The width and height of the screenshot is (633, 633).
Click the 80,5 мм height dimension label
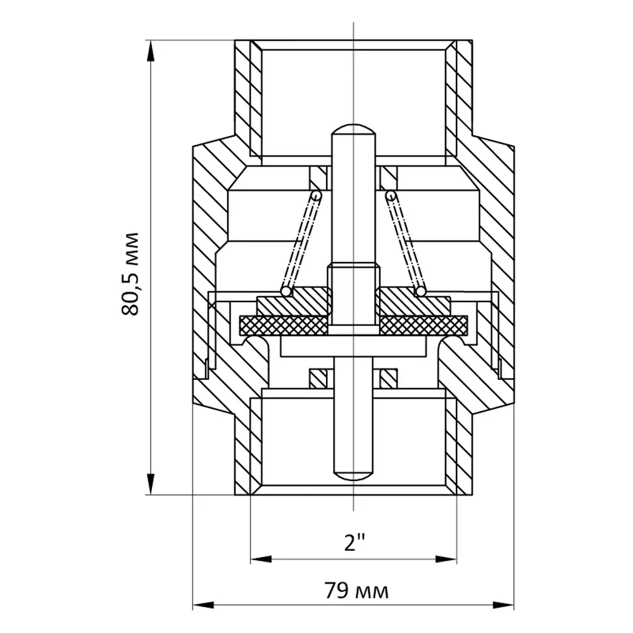tap(130, 274)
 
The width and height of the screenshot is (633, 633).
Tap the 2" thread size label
tap(355, 542)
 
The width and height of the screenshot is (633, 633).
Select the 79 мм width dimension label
tap(356, 591)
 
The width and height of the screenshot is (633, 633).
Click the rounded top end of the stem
tap(354, 130)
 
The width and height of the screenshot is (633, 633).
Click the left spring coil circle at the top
tap(316, 196)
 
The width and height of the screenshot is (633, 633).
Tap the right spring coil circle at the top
tap(391, 196)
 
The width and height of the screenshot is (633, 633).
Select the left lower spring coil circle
tap(286, 291)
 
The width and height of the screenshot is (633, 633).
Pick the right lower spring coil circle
tap(421, 291)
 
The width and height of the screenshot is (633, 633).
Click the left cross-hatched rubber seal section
tap(284, 325)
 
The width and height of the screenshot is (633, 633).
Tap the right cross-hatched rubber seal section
tap(423, 325)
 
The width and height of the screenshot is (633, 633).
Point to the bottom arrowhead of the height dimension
tap(151, 484)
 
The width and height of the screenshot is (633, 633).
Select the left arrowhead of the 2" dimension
tap(261, 560)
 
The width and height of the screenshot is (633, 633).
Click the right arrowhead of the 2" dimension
tap(446, 560)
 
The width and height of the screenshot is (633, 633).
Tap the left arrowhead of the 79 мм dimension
tap(203, 605)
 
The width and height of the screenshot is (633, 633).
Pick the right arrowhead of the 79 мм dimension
tap(503, 605)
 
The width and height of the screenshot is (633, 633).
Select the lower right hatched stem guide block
tap(389, 379)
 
